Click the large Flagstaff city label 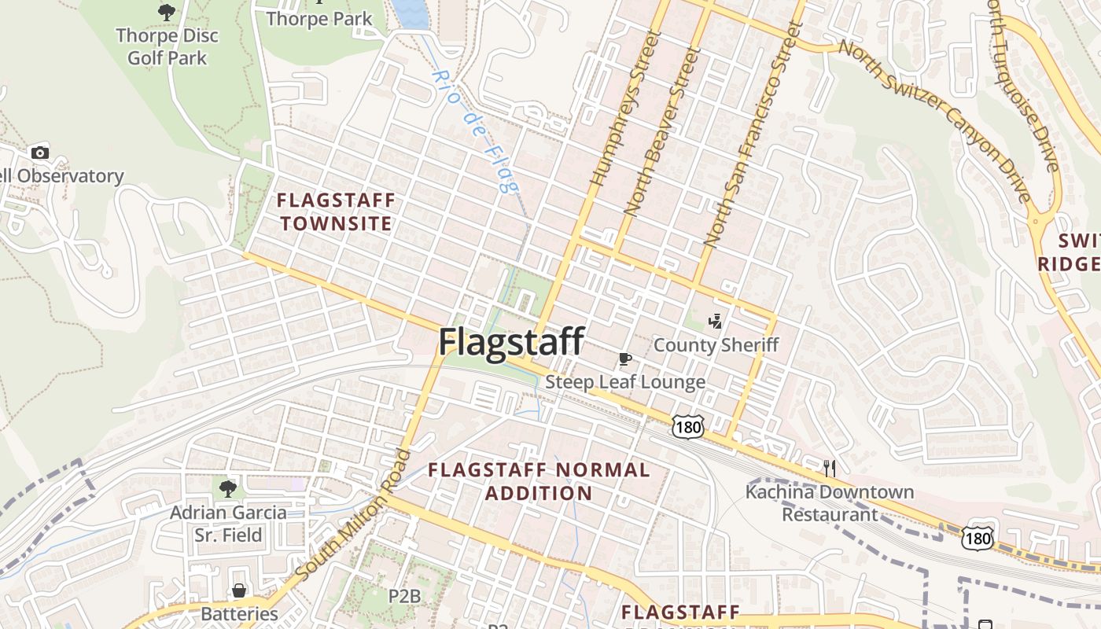[511, 343]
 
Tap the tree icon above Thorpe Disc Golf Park [166, 12]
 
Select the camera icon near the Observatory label [39, 153]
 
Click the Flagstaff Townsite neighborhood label [336, 212]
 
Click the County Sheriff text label [716, 345]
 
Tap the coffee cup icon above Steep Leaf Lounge [625, 360]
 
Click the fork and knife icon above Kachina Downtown [830, 469]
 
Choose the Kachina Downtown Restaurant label [830, 503]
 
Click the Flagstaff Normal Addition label [539, 482]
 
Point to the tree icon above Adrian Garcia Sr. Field [228, 489]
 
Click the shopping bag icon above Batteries [239, 590]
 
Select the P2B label [406, 596]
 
